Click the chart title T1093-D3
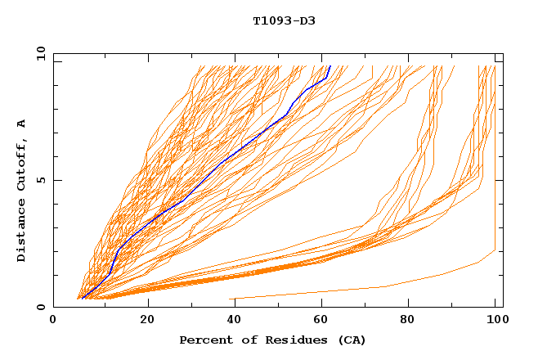pyautogui.click(x=284, y=21)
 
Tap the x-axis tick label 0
pyautogui.click(x=53, y=320)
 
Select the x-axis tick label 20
pyautogui.click(x=147, y=320)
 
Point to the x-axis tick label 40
pyautogui.click(x=235, y=320)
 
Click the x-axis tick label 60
pyautogui.click(x=324, y=320)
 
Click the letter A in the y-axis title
pyautogui.click(x=21, y=123)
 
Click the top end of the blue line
pyautogui.click(x=330, y=66)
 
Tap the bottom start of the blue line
pyautogui.click(x=83, y=299)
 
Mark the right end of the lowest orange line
pyautogui.click(x=495, y=250)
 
